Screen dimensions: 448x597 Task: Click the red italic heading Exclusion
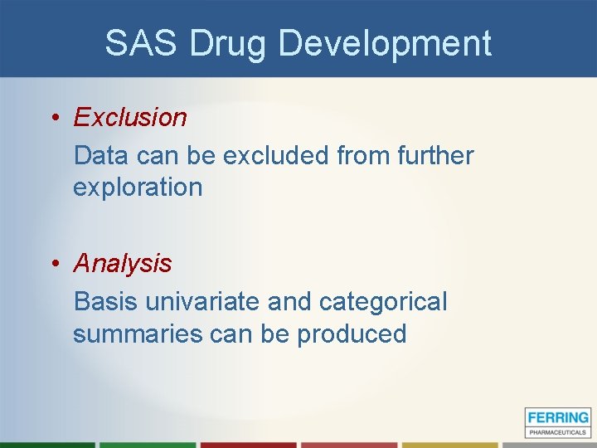[130, 118]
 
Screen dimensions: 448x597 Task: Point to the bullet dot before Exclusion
[54, 118]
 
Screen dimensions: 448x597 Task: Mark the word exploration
[138, 187]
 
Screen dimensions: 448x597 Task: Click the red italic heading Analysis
[123, 264]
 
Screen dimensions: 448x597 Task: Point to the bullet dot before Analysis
[54, 264]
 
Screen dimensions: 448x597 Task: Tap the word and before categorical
[289, 301]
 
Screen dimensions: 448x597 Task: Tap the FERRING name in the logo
[557, 418]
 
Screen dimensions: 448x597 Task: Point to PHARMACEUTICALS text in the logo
[557, 431]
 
